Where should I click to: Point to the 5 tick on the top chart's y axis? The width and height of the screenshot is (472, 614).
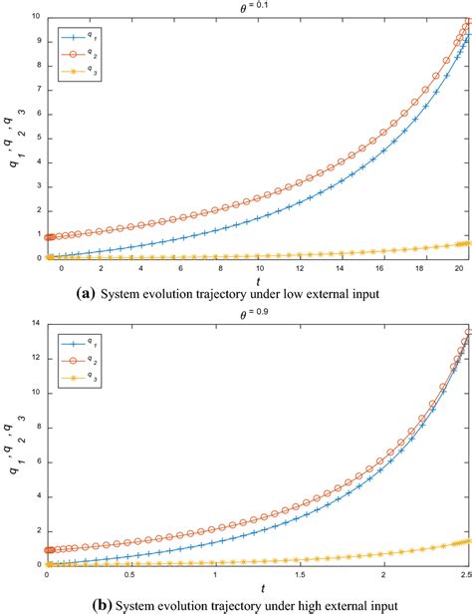[x=38, y=138]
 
